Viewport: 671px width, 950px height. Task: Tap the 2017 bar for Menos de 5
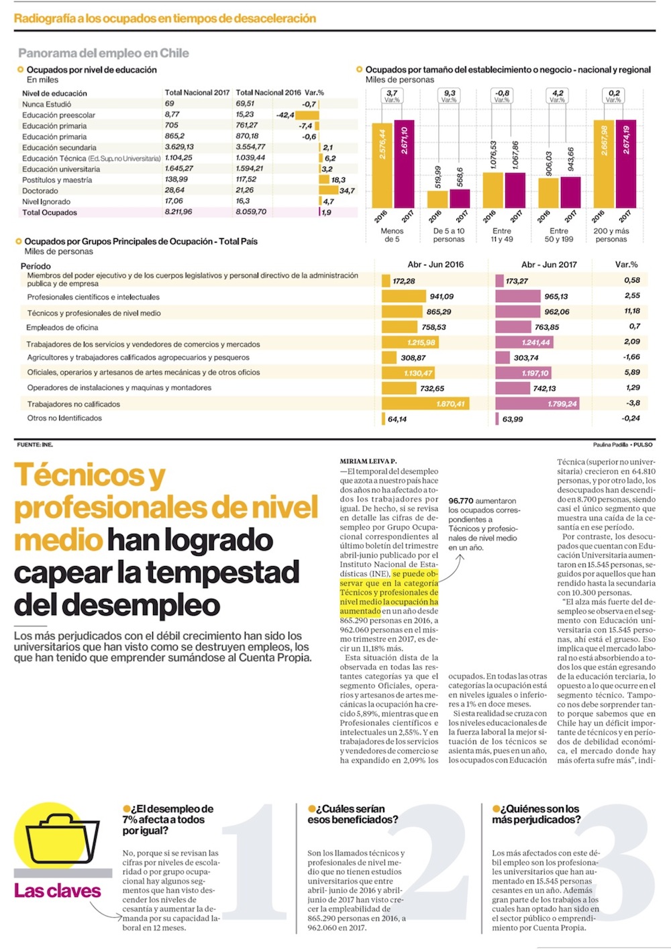click(x=404, y=164)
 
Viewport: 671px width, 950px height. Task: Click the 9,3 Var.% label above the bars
click(x=449, y=96)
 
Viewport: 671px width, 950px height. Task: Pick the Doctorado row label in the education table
click(x=40, y=191)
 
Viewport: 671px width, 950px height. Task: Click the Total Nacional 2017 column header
click(x=197, y=93)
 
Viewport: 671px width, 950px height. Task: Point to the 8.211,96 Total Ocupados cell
click(x=178, y=212)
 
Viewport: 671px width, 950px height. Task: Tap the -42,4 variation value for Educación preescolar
click(x=285, y=115)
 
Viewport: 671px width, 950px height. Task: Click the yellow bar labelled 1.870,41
click(x=425, y=403)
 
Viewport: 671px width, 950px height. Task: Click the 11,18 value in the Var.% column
click(x=631, y=311)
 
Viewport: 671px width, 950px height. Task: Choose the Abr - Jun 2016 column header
click(x=435, y=265)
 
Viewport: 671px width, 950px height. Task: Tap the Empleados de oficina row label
click(x=62, y=328)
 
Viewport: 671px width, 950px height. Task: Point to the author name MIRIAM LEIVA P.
click(x=368, y=461)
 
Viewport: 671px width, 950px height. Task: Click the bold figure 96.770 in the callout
click(x=461, y=501)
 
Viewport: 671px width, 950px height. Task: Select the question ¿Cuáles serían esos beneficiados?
click(x=353, y=814)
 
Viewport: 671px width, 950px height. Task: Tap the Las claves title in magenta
click(x=57, y=891)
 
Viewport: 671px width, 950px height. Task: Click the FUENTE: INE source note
click(x=34, y=444)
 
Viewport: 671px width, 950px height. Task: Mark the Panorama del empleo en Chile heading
click(x=103, y=53)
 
